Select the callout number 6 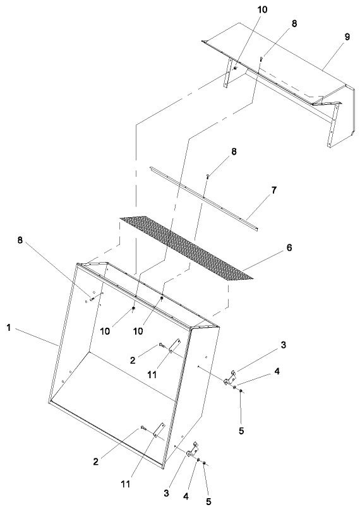pos(289,249)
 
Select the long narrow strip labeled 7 pos(202,198)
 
